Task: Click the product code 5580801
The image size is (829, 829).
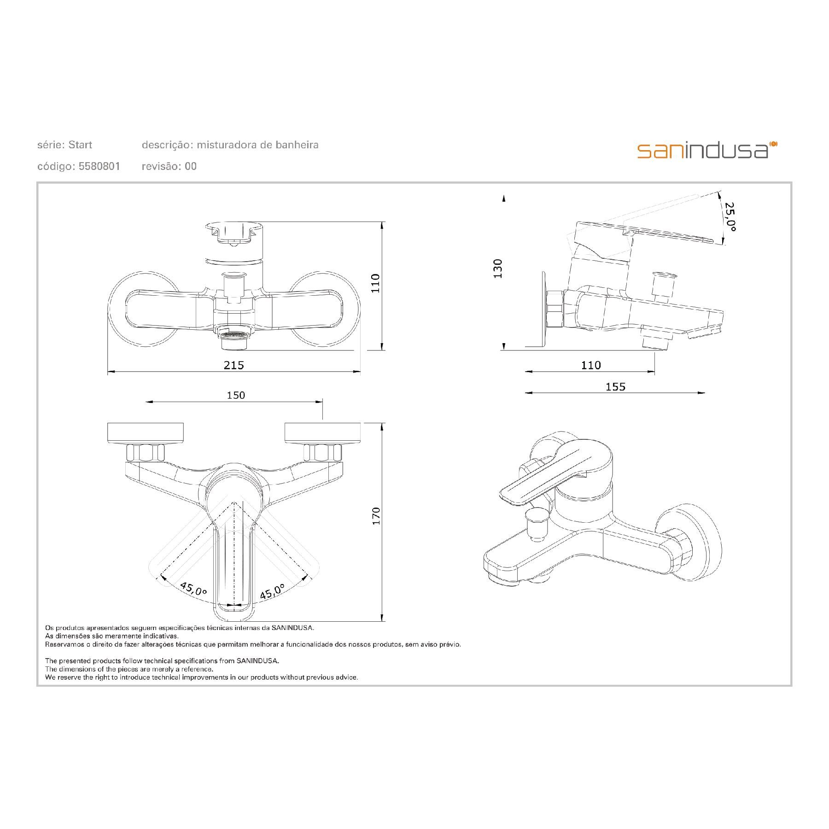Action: (x=99, y=166)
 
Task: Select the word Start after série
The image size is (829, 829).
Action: (x=80, y=145)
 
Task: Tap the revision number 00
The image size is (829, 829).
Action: (x=191, y=166)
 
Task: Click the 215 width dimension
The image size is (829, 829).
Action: (x=234, y=365)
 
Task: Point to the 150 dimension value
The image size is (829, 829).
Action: (x=236, y=395)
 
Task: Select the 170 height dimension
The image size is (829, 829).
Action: (x=377, y=516)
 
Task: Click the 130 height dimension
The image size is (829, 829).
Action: (x=497, y=269)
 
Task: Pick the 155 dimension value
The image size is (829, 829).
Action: (x=615, y=387)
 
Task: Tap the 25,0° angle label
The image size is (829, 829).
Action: (x=730, y=216)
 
